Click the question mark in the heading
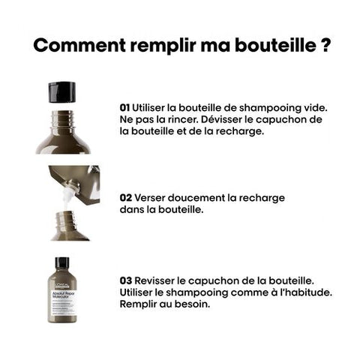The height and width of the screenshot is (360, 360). [x=325, y=44]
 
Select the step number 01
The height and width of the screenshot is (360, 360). [x=124, y=108]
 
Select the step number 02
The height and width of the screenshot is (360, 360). [x=125, y=198]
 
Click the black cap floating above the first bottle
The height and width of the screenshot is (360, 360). [x=61, y=92]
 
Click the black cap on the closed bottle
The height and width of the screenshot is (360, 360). [x=62, y=263]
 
